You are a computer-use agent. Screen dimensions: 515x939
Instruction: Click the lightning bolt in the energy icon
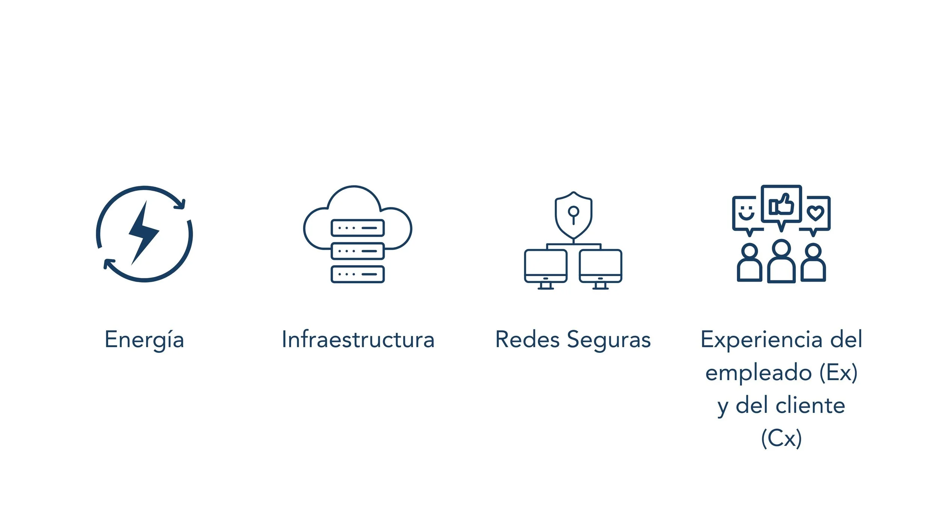tap(144, 233)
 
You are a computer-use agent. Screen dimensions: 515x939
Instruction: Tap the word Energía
tap(144, 340)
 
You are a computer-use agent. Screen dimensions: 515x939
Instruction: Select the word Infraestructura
tap(358, 340)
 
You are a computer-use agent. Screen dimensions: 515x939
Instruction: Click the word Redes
tap(527, 340)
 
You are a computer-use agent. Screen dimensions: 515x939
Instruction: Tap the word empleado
tap(758, 373)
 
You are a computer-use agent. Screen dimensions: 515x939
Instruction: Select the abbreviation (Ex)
tap(838, 373)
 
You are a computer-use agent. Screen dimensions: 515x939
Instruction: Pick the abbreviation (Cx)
tap(781, 438)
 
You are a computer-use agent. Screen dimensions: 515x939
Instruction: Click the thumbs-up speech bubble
tap(781, 205)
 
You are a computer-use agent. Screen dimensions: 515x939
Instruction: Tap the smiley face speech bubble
tap(746, 213)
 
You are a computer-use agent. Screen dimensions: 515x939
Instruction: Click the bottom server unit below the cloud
tap(358, 274)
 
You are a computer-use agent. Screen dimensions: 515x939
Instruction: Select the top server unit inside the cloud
tap(358, 228)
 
